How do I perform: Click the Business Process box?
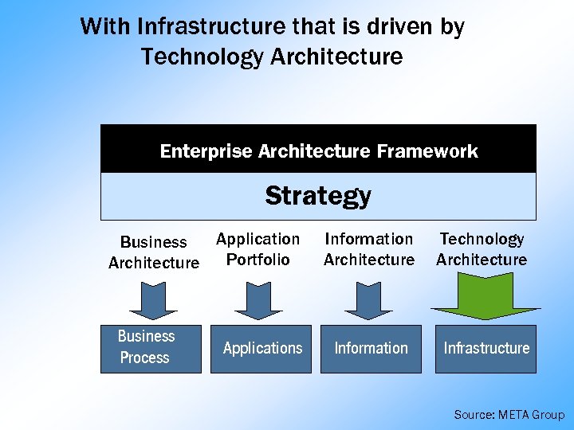click(x=151, y=348)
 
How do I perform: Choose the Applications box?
click(x=262, y=348)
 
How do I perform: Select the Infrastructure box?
click(x=486, y=348)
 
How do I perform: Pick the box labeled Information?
click(x=371, y=348)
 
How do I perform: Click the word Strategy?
click(x=318, y=196)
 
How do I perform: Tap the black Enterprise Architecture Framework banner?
click(x=318, y=150)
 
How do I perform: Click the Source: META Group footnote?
click(x=509, y=415)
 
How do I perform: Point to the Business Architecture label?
click(x=154, y=252)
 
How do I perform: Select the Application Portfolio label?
click(x=258, y=249)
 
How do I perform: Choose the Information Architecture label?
click(x=369, y=249)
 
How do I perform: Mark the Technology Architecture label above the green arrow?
click(x=482, y=249)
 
